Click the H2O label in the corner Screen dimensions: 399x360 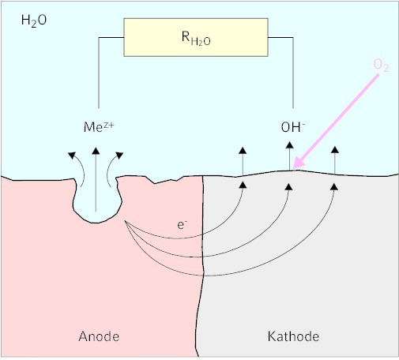coord(34,21)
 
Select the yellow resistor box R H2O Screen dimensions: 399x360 coord(196,37)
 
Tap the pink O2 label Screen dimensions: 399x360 coord(381,65)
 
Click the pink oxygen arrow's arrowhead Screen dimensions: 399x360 coord(299,163)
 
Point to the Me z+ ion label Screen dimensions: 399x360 coord(99,127)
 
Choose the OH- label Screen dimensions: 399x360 coord(293,127)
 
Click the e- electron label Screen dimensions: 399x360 coord(182,225)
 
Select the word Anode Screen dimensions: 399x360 coord(99,336)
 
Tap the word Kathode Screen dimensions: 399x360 coord(293,336)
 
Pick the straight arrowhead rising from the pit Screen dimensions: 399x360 coord(96,151)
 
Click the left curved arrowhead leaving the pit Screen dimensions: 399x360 coord(72,156)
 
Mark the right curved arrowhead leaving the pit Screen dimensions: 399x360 coord(119,156)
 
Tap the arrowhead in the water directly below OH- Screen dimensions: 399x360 coord(290,145)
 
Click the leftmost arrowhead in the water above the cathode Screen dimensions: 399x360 coord(243,151)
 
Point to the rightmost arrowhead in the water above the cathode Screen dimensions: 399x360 coord(335,150)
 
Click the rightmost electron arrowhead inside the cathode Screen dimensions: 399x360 coord(334,187)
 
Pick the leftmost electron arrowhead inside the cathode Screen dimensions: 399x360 coord(243,185)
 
